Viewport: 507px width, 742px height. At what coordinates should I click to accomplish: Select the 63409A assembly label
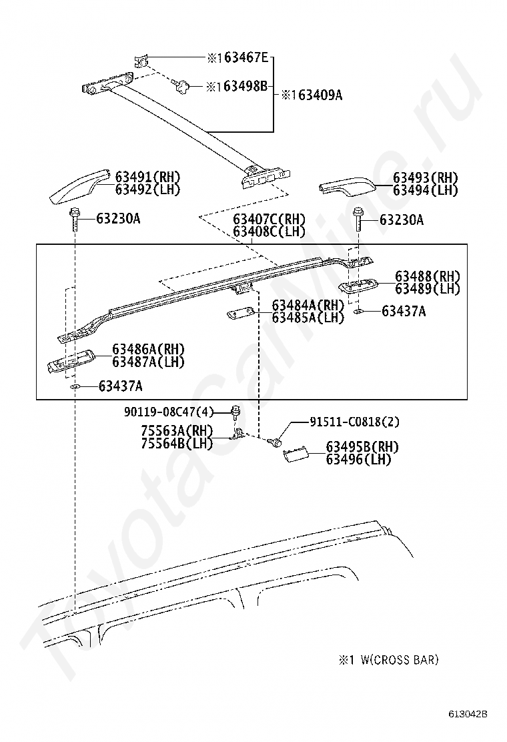pyautogui.click(x=314, y=95)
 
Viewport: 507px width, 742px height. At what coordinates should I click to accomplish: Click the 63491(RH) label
pyautogui.click(x=147, y=177)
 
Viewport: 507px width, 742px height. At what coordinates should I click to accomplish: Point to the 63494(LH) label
pyautogui.click(x=426, y=190)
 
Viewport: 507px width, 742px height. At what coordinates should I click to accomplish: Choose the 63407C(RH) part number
pyautogui.click(x=269, y=220)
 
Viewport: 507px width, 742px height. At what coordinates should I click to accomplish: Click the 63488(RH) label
pyautogui.click(x=428, y=276)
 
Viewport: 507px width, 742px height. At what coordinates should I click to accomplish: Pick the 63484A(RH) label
pyautogui.click(x=308, y=305)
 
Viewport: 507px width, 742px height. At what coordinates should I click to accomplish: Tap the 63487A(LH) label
pyautogui.click(x=148, y=362)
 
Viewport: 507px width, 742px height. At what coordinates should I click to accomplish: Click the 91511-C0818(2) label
pyautogui.click(x=354, y=421)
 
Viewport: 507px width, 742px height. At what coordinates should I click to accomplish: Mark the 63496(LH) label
pyautogui.click(x=358, y=459)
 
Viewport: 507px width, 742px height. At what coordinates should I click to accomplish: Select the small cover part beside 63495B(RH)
pyautogui.click(x=294, y=455)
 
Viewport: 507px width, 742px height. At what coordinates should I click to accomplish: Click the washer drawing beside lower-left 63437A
pyautogui.click(x=75, y=386)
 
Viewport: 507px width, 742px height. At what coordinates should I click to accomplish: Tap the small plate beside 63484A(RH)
pyautogui.click(x=239, y=314)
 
